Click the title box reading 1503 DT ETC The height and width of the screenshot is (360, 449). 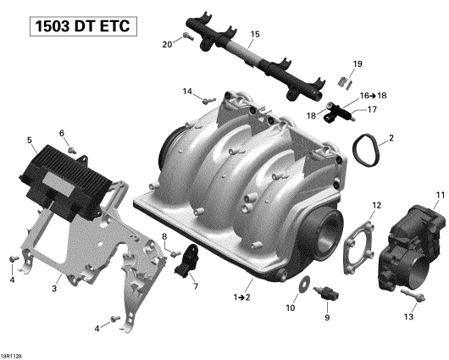click(x=83, y=26)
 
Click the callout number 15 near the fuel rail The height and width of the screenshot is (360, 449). click(x=255, y=35)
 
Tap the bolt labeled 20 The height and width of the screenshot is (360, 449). click(x=188, y=36)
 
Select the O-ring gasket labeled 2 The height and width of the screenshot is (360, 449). click(x=365, y=150)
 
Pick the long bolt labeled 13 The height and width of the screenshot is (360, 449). click(x=413, y=296)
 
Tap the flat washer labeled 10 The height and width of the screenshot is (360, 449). click(x=304, y=285)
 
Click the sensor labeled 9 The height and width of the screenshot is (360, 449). click(x=327, y=293)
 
